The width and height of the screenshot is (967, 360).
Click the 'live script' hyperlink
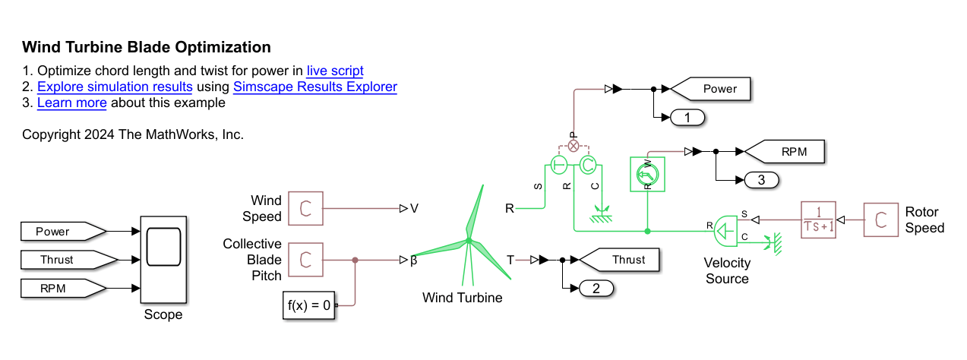pyautogui.click(x=335, y=71)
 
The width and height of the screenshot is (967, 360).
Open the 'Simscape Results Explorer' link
pyautogui.click(x=314, y=87)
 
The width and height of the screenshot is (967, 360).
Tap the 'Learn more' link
pyautogui.click(x=71, y=103)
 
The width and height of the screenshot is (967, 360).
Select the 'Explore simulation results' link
pyautogui.click(x=114, y=87)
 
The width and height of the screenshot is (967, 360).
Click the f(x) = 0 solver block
pyautogui.click(x=309, y=306)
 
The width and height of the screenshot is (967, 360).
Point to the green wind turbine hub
pyautogui.click(x=469, y=242)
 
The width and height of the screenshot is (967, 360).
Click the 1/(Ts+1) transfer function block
pyautogui.click(x=818, y=219)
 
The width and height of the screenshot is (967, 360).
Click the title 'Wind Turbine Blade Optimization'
pyautogui.click(x=147, y=47)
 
